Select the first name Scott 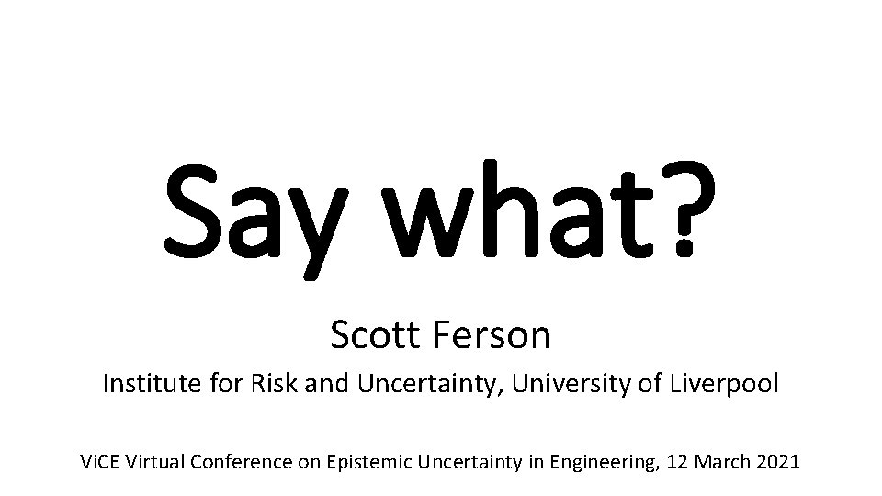pos(369,336)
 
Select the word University pos(564,384)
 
